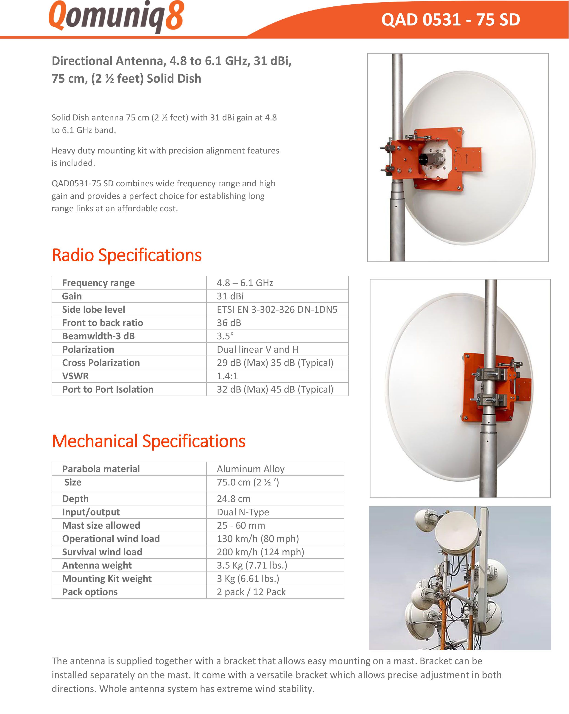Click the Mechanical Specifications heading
coord(149,441)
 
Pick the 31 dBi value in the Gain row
coord(230,296)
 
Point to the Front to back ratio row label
coord(103,323)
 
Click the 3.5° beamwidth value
coord(225,336)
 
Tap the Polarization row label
coord(88,349)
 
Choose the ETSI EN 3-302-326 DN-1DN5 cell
coord(277,309)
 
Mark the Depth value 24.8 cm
coord(234,499)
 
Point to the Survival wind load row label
coord(102,552)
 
